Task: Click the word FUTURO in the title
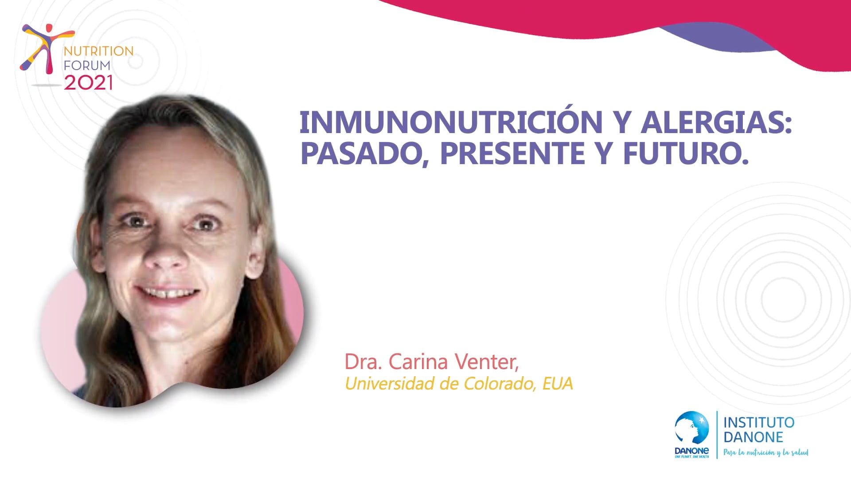[685, 153]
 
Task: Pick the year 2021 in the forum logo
[88, 83]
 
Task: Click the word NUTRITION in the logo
[98, 51]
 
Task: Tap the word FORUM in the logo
[87, 66]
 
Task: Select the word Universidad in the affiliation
[390, 384]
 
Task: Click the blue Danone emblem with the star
[691, 428]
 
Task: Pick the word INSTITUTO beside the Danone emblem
[759, 422]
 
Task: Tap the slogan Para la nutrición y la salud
[766, 452]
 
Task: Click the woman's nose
[166, 257]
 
